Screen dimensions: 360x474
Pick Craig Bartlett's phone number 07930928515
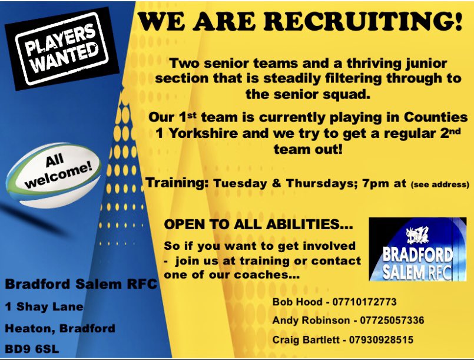coord(379,340)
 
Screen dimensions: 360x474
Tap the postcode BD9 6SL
coord(33,348)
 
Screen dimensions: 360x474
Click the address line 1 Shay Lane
coord(44,306)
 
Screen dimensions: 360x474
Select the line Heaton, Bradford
coord(59,328)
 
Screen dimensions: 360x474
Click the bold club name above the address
coord(81,284)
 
